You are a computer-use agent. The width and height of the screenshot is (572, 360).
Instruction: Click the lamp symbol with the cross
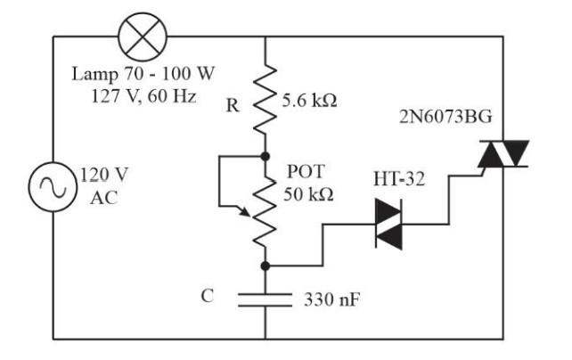pos(139,37)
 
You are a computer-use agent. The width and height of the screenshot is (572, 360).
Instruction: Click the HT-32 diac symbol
pos(388,223)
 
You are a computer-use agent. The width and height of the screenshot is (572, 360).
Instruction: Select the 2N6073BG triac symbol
pos(500,155)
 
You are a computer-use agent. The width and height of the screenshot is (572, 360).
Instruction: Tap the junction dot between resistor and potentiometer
pos(266,154)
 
